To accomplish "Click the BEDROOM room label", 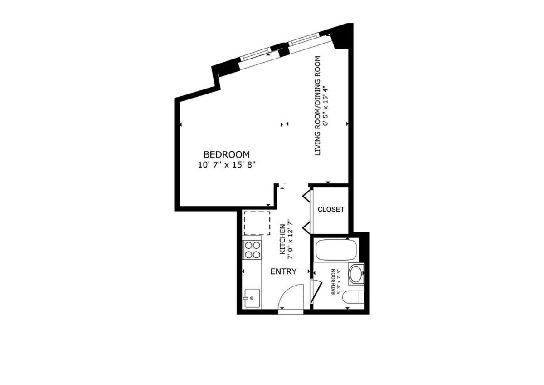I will pyautogui.click(x=226, y=154).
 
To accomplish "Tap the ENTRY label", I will pyautogui.click(x=283, y=271).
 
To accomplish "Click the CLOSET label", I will pyautogui.click(x=331, y=209).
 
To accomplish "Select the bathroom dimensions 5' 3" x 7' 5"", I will pyautogui.click(x=338, y=282).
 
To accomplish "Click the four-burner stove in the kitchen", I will pyautogui.click(x=253, y=249).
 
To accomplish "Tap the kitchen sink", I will pyautogui.click(x=251, y=298).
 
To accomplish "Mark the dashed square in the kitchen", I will pyautogui.click(x=257, y=222).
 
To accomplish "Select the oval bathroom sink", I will pyautogui.click(x=356, y=274).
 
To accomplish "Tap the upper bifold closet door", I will pyautogui.click(x=306, y=197).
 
